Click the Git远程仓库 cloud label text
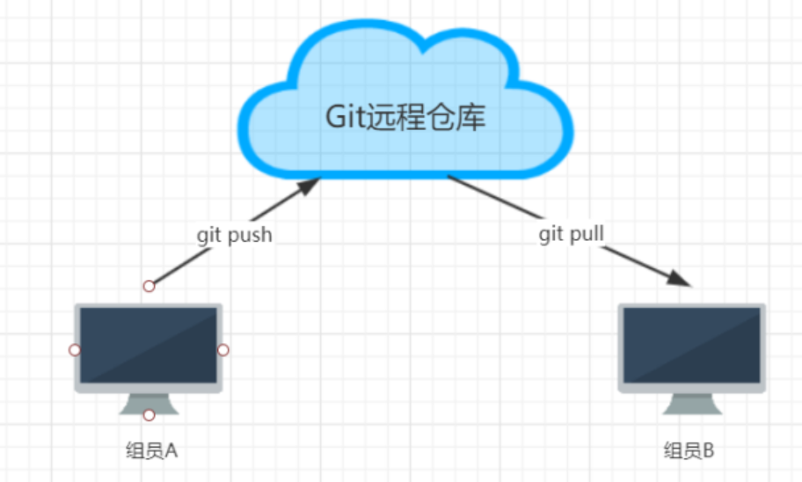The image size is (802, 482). [x=405, y=117]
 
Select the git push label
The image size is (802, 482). [x=233, y=235]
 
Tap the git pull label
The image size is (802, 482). [x=572, y=235]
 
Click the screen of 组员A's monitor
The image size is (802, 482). [x=149, y=345]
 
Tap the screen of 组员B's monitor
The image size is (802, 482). [x=692, y=345]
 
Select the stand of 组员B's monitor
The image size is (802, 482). [x=692, y=404]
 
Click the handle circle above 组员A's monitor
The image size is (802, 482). [x=149, y=286]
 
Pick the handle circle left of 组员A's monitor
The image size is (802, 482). [x=75, y=350]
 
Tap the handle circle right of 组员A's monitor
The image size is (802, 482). [x=223, y=350]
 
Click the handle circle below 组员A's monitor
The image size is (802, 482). [x=149, y=414]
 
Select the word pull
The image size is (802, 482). [x=587, y=235]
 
